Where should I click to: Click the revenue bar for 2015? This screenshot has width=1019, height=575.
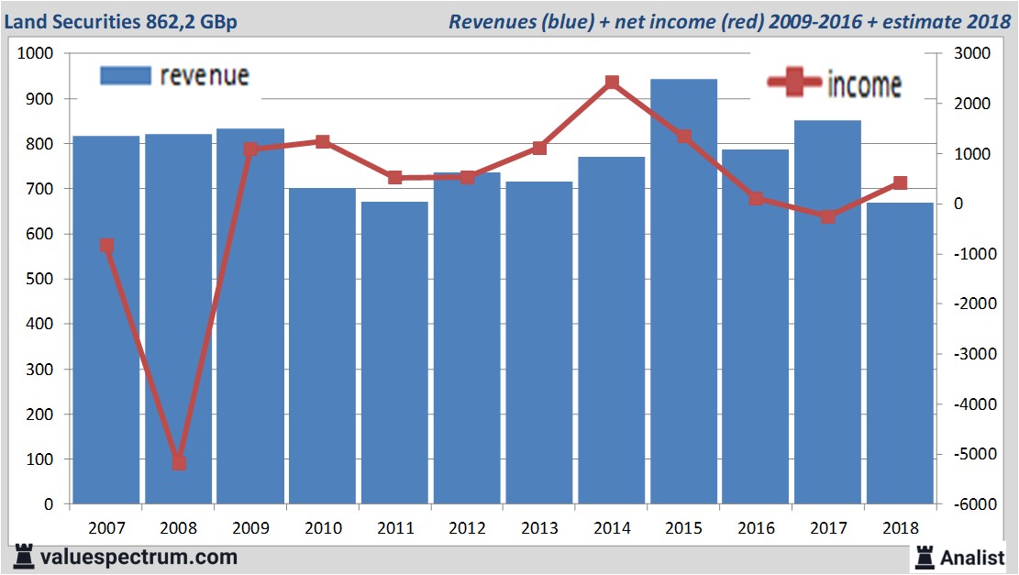pyautogui.click(x=683, y=293)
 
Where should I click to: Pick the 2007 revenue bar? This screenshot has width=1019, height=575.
pyautogui.click(x=106, y=321)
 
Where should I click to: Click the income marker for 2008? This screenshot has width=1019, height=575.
pyautogui.click(x=179, y=463)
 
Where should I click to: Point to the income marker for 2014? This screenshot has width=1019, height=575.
pyautogui.click(x=612, y=83)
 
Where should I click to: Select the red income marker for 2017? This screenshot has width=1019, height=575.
pyautogui.click(x=827, y=216)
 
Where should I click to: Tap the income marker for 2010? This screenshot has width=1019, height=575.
pyautogui.click(x=323, y=142)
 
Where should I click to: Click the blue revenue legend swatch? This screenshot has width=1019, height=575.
pyautogui.click(x=125, y=76)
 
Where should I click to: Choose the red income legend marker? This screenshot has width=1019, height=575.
pyautogui.click(x=793, y=83)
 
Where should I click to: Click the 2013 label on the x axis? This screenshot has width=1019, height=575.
pyautogui.click(x=539, y=528)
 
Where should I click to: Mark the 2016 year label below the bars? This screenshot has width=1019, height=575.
pyautogui.click(x=756, y=528)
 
